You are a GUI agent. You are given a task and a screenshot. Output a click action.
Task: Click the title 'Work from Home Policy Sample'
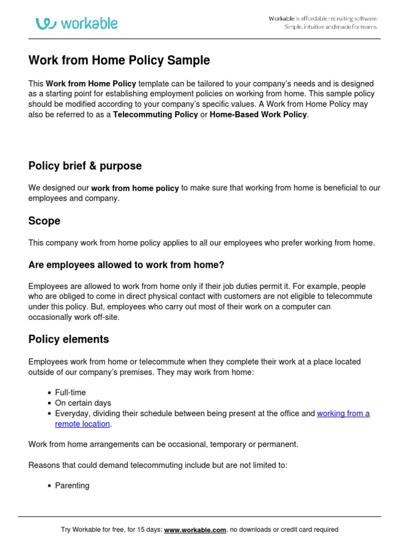pyautogui.click(x=119, y=61)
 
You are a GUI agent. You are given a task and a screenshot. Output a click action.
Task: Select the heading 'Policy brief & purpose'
pyautogui.click(x=85, y=166)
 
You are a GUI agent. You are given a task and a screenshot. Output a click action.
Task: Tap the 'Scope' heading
pyautogui.click(x=44, y=221)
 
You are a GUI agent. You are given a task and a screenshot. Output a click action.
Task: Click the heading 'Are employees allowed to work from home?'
pyautogui.click(x=126, y=265)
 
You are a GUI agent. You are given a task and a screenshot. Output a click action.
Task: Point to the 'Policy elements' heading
pyautogui.click(x=68, y=340)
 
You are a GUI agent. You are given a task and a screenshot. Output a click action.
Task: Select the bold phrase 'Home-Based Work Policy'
pyautogui.click(x=258, y=114)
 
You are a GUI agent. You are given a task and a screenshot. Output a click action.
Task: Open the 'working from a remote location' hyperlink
pyautogui.click(x=343, y=414)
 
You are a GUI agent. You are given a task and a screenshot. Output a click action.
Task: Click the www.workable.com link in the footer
pyautogui.click(x=195, y=530)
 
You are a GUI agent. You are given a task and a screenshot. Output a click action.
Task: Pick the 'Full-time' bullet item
pyautogui.click(x=70, y=393)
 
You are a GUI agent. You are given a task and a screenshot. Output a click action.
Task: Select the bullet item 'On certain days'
pyautogui.click(x=83, y=403)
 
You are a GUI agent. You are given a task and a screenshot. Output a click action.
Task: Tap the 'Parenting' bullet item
pyautogui.click(x=72, y=485)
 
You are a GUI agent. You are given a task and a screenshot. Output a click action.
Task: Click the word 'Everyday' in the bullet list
pyautogui.click(x=72, y=414)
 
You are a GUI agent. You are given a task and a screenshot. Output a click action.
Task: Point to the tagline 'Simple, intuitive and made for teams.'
pyautogui.click(x=330, y=27)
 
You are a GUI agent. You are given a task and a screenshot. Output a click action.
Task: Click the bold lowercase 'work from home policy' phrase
pyautogui.click(x=135, y=188)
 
